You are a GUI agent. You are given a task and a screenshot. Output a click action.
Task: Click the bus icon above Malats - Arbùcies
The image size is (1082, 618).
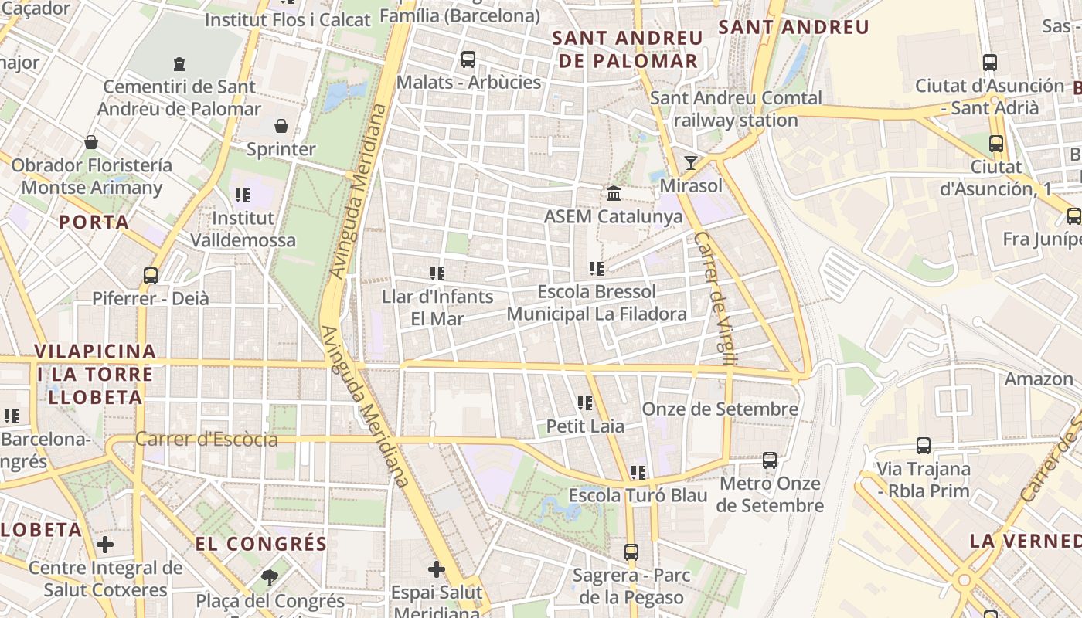[468, 59]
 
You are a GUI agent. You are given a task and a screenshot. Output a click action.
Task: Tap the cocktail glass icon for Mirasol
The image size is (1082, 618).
[690, 162]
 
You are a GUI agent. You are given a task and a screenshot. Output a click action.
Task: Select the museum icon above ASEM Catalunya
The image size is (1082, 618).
[614, 192]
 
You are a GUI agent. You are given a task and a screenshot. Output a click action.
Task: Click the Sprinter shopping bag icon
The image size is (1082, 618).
[281, 125]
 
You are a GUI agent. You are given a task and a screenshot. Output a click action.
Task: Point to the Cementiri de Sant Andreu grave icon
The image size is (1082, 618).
[179, 63]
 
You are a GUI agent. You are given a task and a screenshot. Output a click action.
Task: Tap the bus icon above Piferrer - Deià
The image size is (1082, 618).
[151, 275]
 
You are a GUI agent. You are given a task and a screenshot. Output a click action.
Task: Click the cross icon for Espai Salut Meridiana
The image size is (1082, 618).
[437, 569]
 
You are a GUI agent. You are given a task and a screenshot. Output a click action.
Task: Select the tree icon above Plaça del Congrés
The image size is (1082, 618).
[270, 576]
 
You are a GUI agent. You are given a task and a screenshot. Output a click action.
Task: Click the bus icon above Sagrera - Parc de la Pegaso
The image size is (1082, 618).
[631, 552]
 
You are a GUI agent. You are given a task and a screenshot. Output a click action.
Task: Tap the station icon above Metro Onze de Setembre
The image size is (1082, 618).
[770, 460]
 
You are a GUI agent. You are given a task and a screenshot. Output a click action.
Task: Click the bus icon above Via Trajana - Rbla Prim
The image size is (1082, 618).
[923, 445]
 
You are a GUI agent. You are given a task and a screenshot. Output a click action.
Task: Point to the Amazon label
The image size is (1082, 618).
[1038, 379]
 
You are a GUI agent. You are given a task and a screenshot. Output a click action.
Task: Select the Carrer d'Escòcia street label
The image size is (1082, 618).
[206, 440]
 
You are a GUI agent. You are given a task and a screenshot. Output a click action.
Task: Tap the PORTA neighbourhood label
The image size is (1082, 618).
[94, 222]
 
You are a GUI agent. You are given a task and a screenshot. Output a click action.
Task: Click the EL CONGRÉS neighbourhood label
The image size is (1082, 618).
[261, 544]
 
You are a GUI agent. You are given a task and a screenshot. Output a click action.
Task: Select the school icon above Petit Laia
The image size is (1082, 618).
[585, 402]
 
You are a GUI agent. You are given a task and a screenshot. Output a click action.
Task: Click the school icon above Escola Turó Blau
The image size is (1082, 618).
[638, 471]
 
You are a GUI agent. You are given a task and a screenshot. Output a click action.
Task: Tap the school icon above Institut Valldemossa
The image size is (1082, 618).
[243, 195]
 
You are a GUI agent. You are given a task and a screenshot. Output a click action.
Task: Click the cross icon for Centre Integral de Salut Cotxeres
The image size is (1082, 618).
[105, 545]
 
